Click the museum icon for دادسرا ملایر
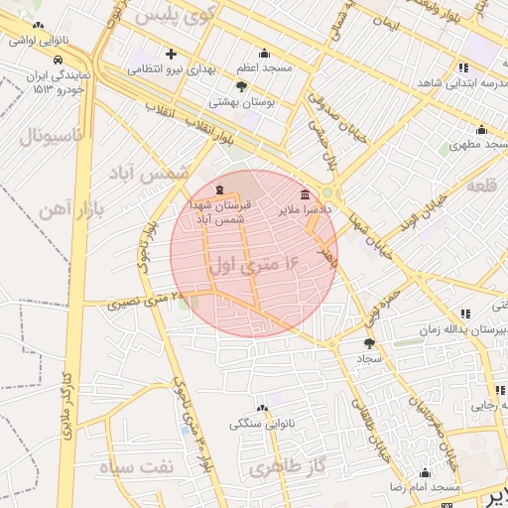click(x=304, y=193)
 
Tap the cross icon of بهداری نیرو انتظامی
click(x=171, y=54)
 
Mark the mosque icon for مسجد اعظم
click(x=264, y=54)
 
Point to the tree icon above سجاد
click(x=369, y=342)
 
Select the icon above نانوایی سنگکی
click(x=263, y=408)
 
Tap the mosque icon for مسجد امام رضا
click(x=425, y=472)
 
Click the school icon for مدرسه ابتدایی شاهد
click(x=462, y=67)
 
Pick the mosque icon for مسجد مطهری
click(x=481, y=129)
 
